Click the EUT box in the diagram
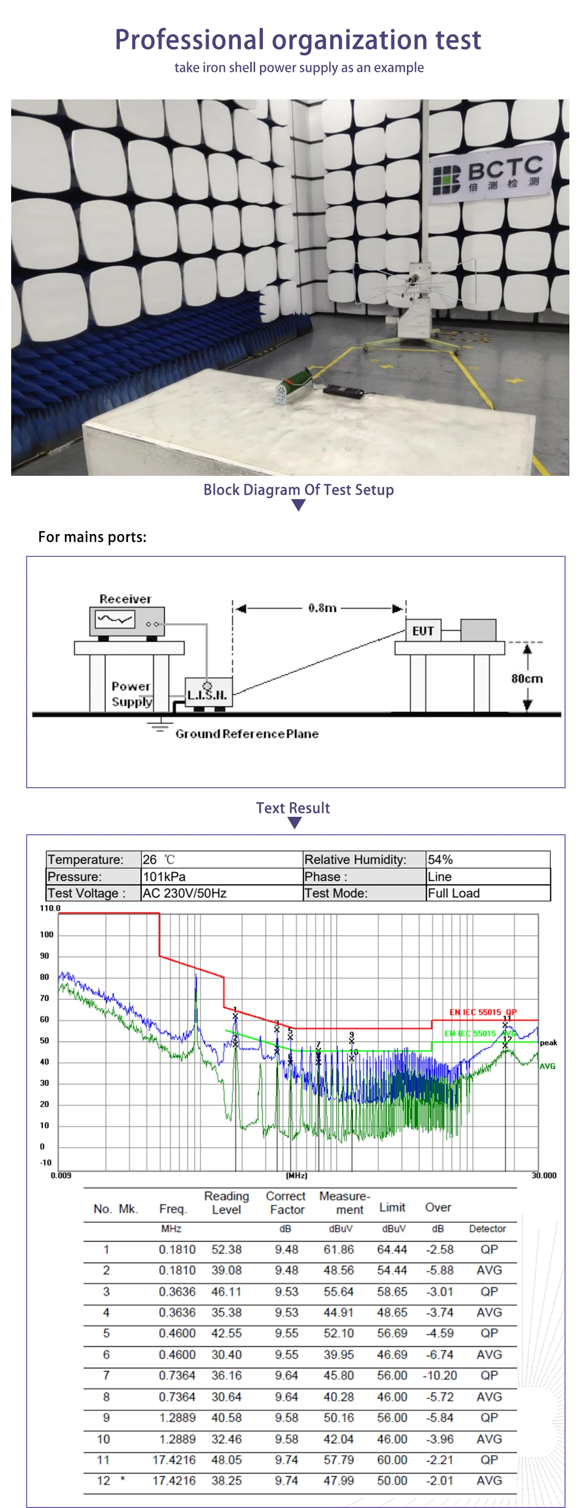(423, 631)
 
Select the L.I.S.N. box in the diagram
(208, 693)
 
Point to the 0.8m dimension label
(322, 608)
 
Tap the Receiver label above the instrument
(125, 599)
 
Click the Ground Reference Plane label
(246, 734)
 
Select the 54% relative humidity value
(440, 859)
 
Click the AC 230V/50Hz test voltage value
(184, 893)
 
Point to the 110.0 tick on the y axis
(50, 908)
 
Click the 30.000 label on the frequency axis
(544, 1175)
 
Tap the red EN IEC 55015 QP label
(483, 1012)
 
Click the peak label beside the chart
(548, 1043)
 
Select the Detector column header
(487, 1229)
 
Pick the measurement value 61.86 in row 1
(339, 1249)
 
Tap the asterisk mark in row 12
(122, 1480)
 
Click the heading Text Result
(293, 808)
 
